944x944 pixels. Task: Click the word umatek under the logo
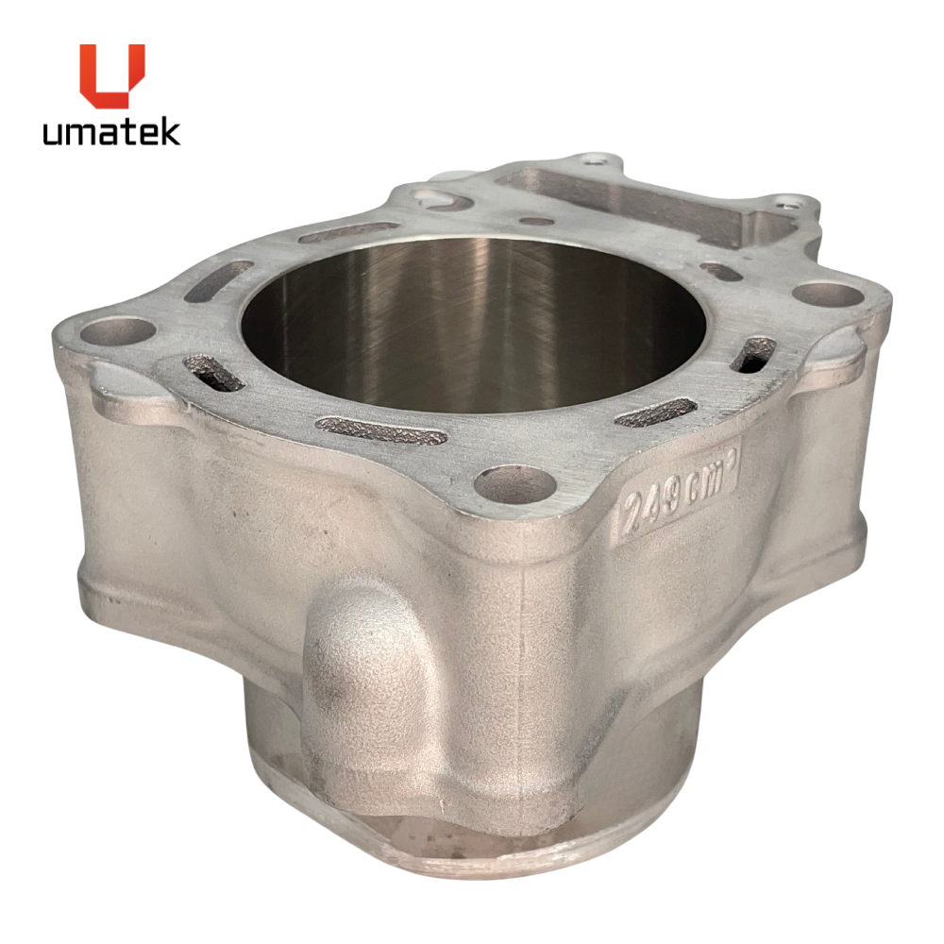[x=111, y=132]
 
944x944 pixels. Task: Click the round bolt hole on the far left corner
[x=117, y=331]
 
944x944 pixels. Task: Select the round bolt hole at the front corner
[x=514, y=482]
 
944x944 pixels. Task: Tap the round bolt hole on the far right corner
[x=828, y=295]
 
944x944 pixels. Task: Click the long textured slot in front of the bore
[x=381, y=430]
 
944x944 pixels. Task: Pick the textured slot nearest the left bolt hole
[x=211, y=372]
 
